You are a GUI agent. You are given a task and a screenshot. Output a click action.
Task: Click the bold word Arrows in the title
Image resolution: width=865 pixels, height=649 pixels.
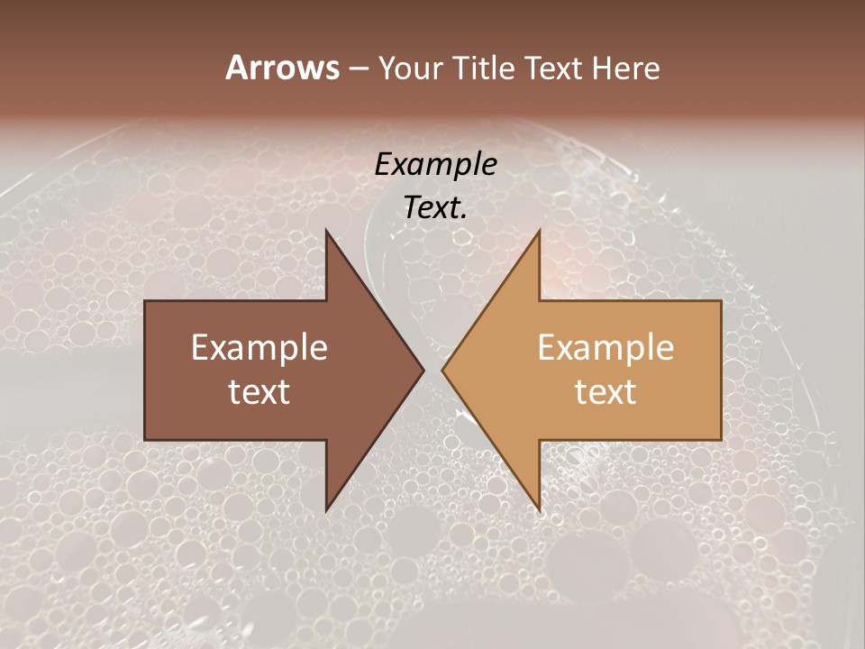tap(281, 67)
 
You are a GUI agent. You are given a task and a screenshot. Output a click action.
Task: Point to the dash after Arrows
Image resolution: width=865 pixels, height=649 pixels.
tap(357, 69)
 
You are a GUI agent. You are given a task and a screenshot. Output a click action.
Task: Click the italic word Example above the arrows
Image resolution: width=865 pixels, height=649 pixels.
tap(435, 164)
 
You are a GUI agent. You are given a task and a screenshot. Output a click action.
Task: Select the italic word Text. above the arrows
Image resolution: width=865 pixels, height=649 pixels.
tap(435, 207)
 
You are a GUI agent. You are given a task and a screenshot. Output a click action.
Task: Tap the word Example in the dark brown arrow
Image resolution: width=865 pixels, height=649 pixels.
tap(259, 348)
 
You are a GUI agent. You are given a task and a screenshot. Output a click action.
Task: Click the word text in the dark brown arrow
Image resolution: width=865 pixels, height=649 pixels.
tap(259, 391)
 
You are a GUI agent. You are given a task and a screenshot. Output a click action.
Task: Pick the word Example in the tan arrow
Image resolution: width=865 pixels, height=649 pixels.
tap(605, 348)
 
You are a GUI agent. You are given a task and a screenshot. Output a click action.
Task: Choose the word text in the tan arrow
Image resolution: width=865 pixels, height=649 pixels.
tap(605, 391)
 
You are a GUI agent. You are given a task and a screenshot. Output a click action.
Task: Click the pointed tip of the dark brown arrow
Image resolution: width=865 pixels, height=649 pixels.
tap(423, 370)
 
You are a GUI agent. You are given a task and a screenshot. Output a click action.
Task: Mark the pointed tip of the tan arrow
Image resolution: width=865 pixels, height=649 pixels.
tap(442, 370)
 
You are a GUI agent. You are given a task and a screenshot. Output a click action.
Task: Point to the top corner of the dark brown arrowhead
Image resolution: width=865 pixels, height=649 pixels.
tap(326, 231)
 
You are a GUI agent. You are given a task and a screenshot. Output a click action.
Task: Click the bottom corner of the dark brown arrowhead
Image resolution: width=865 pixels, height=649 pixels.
tap(326, 510)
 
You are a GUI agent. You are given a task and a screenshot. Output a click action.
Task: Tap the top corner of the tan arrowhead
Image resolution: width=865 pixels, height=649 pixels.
tap(540, 231)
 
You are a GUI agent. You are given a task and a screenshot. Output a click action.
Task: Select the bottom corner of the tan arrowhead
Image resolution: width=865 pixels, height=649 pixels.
tap(540, 510)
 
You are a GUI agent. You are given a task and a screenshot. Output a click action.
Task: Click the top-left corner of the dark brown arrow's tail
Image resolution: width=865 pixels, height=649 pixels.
tap(145, 301)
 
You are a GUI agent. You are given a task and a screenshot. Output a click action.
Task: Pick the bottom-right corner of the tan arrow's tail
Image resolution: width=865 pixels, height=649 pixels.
tap(721, 439)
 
